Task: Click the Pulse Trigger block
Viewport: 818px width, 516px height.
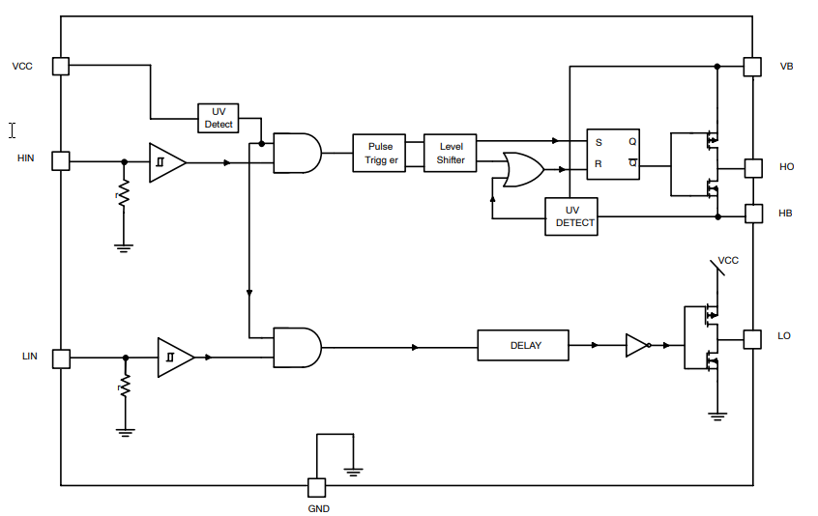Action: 379,154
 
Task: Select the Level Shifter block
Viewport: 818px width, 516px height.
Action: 451,154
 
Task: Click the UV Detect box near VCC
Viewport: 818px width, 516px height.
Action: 218,118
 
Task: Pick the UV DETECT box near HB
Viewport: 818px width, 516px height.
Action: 570,216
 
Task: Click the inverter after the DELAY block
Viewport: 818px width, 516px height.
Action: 637,345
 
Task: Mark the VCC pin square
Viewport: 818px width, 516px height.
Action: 61,66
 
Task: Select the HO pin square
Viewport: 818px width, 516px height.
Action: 752,167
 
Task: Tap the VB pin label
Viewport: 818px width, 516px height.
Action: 786,67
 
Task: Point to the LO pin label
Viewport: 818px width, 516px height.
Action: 784,336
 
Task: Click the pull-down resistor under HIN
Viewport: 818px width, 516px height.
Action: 123,195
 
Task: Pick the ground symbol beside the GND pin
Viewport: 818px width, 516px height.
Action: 354,471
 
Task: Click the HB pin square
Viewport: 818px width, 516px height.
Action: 752,213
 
